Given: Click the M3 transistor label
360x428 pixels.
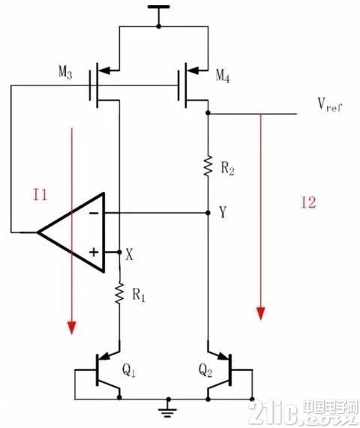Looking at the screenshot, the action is tap(65, 73).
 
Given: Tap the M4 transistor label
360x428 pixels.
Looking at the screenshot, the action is tap(223, 76).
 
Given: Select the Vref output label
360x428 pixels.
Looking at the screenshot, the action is tap(330, 104).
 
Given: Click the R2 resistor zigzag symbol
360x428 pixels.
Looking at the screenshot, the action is tap(208, 166).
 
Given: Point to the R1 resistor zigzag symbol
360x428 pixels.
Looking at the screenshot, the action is tap(119, 293).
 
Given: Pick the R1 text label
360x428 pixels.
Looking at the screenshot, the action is tap(139, 295).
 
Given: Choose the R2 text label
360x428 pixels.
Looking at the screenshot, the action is tap(227, 168).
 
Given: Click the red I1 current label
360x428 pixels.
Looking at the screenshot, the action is tap(40, 195).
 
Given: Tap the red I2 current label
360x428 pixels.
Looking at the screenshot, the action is tap(308, 202).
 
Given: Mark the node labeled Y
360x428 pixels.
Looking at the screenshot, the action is tap(223, 212).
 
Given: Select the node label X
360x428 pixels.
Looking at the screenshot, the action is tap(129, 254).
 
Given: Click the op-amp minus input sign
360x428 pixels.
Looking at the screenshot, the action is tap(94, 213).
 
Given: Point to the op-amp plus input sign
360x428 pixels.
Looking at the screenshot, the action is tap(94, 252).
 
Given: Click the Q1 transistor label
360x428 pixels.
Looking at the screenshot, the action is tap(129, 371).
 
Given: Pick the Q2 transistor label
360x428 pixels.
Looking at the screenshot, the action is tap(205, 371).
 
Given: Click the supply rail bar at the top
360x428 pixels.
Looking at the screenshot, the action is tap(158, 7).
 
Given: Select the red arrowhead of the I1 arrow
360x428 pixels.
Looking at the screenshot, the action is tap(72, 328).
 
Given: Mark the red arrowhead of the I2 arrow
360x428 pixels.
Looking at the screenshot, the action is tap(261, 313).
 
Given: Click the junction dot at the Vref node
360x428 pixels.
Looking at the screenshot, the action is tap(208, 112).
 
